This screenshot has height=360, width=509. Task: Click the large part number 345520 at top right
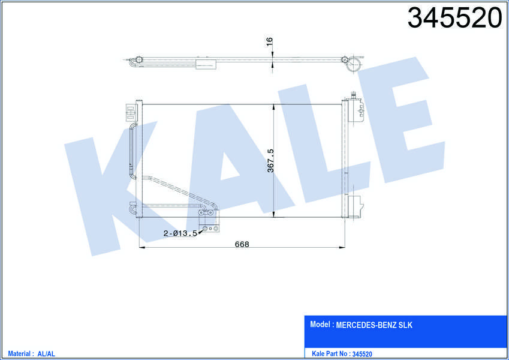coord(454,18)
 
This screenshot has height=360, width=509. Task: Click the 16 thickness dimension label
coord(269,41)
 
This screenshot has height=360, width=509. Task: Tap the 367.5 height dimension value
coord(270,161)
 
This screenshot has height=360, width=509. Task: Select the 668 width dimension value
coord(242,244)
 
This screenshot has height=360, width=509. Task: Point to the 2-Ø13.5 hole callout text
coord(180,233)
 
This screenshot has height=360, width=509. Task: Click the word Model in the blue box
coord(320,324)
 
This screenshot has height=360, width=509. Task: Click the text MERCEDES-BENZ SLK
coord(374,325)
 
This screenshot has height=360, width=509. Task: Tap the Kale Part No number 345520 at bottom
coord(362,354)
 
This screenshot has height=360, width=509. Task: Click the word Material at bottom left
coord(19,353)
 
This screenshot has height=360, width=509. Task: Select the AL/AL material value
coord(46,354)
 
